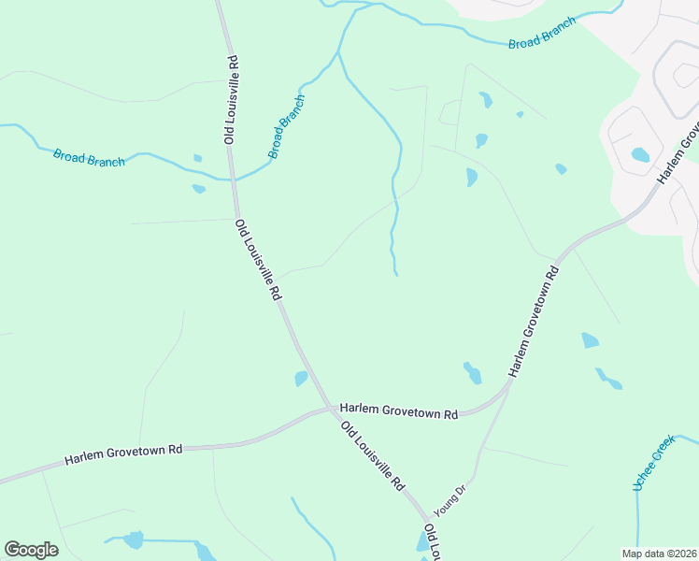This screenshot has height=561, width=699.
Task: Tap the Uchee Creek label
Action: (x=650, y=465)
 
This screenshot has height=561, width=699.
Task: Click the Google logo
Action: (x=31, y=550)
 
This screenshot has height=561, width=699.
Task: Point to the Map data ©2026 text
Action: (x=659, y=554)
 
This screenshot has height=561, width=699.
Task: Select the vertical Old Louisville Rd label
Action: (x=231, y=99)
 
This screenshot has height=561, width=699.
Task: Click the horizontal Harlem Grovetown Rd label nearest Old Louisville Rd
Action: (x=399, y=410)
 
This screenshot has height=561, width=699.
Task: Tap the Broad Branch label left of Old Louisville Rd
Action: (x=89, y=158)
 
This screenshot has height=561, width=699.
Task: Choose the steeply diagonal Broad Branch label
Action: (x=287, y=126)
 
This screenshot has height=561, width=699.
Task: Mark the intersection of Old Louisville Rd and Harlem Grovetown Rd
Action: (x=331, y=409)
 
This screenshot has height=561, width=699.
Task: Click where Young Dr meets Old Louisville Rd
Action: (x=429, y=518)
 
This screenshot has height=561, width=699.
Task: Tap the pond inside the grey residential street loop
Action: (x=640, y=154)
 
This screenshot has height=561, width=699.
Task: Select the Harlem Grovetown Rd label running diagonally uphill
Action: (x=535, y=321)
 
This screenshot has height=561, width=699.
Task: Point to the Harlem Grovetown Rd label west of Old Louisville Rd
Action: (x=123, y=455)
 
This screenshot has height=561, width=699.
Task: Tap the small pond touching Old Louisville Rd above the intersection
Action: (x=301, y=379)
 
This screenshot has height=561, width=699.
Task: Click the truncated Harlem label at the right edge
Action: (x=679, y=152)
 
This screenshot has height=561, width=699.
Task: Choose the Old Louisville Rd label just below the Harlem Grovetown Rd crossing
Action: (x=372, y=456)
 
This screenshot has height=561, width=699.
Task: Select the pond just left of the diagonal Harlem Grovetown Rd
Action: (x=472, y=374)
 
